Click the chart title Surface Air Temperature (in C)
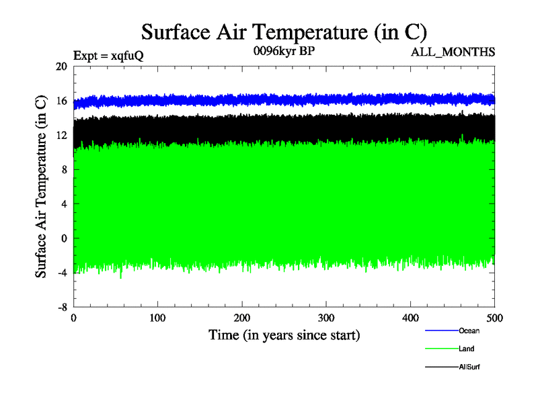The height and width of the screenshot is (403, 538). tap(284, 32)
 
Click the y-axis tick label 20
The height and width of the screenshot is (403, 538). tap(61, 66)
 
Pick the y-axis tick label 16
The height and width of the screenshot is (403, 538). tap(61, 101)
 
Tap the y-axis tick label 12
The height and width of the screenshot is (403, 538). tap(61, 135)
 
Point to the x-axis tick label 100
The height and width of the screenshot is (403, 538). tap(157, 318)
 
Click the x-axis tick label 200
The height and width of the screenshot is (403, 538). tap(242, 318)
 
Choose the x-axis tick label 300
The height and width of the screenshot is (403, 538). tap(326, 318)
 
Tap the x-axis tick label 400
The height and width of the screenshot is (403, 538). tap(410, 318)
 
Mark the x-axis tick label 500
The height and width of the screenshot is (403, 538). tap(494, 318)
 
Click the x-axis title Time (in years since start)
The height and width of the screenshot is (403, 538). tap(284, 334)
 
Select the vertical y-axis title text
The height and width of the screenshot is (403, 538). tap(41, 187)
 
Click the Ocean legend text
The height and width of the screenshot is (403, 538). tap(469, 330)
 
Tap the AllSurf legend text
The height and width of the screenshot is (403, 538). tap(469, 367)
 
